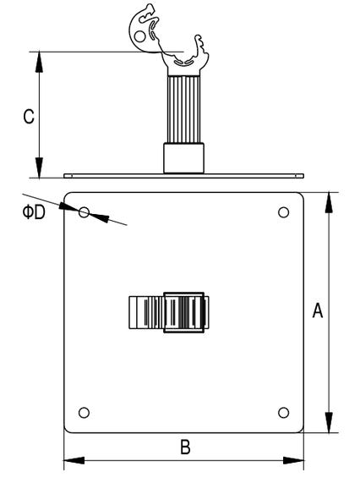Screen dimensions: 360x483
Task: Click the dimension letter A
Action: point(318,310)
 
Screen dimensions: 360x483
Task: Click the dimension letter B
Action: point(185,447)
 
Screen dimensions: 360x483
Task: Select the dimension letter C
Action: point(29,117)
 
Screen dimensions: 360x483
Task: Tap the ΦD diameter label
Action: point(34,212)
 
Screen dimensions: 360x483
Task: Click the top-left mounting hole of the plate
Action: point(84,212)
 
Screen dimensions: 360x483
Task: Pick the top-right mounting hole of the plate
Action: point(283,212)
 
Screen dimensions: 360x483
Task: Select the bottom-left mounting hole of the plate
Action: point(84,413)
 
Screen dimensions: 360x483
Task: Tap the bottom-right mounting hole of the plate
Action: point(283,413)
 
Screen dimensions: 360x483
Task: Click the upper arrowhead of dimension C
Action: point(39,62)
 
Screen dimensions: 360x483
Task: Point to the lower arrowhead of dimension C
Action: point(39,167)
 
